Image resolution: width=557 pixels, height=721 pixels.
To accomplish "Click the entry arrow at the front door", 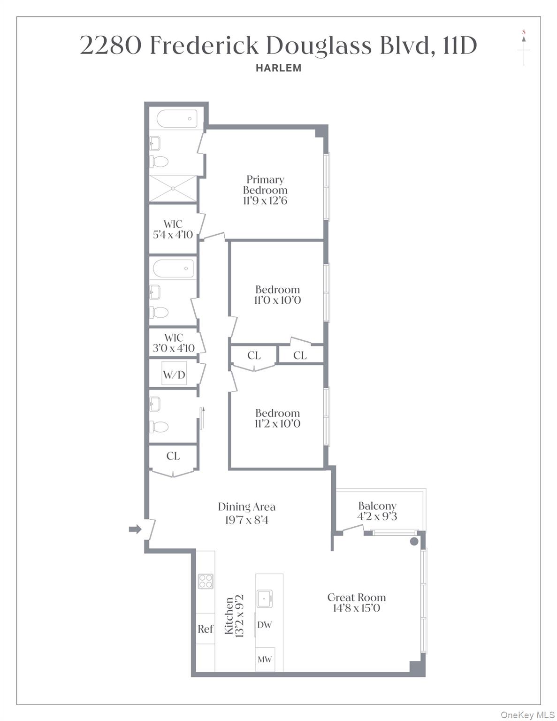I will click(x=135, y=529).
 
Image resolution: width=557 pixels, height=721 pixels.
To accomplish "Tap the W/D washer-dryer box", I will click(x=174, y=374).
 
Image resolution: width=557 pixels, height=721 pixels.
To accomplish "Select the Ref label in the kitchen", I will click(x=206, y=629).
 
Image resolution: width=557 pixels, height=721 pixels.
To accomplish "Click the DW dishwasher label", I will click(x=264, y=625).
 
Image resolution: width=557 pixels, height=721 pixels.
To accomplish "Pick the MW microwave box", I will click(x=265, y=660).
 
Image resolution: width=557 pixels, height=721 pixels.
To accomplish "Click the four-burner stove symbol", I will click(x=206, y=581).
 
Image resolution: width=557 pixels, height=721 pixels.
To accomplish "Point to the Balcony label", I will click(x=377, y=506).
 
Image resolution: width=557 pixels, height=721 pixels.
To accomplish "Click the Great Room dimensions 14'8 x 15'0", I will click(x=357, y=608).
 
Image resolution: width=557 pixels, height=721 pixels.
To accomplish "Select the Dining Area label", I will click(x=246, y=507).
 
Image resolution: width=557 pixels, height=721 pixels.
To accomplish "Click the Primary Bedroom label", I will click(x=265, y=185).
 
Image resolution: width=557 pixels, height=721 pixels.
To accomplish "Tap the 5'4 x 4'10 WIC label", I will click(x=173, y=235).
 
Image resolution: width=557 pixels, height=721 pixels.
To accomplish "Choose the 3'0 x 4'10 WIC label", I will click(x=173, y=349).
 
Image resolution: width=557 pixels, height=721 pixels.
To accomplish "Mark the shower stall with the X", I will click(x=173, y=189).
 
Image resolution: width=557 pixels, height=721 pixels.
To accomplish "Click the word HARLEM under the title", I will click(x=278, y=68).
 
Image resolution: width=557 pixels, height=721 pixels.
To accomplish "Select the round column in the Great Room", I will click(x=414, y=541).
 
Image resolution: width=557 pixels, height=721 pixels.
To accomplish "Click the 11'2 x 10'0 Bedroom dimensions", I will click(x=277, y=424).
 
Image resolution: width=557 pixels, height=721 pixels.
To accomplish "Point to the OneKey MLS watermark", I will click(x=527, y=715).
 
